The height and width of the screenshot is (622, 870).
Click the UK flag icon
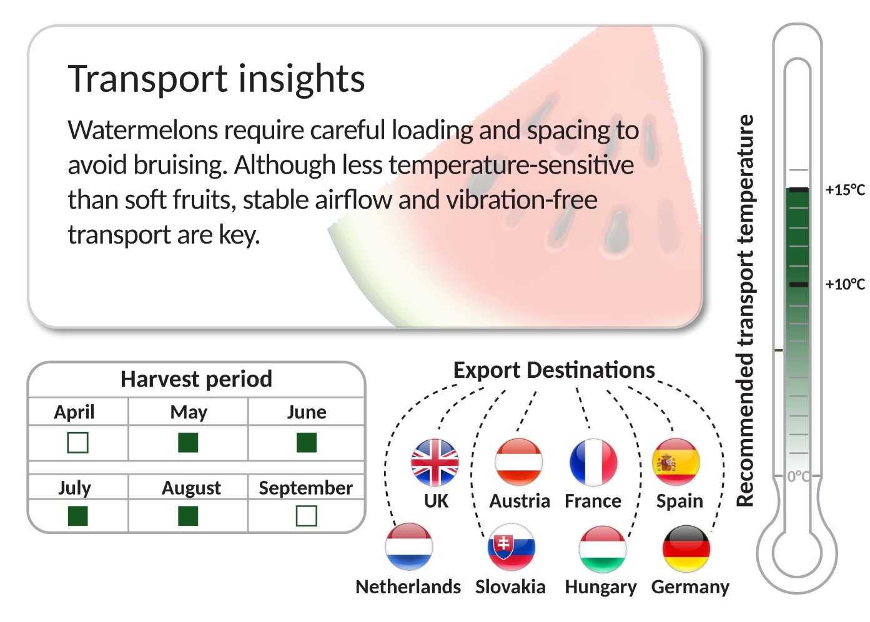click(435, 462)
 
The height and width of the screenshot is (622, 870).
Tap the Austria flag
click(519, 462)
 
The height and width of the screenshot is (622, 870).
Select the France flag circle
click(593, 462)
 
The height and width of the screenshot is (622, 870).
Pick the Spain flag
click(676, 462)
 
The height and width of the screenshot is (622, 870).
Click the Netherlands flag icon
click(409, 546)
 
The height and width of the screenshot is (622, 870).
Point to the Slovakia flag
click(511, 548)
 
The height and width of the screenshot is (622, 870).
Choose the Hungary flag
click(603, 549)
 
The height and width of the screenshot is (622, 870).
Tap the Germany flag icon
click(686, 548)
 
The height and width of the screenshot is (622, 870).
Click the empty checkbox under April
click(77, 443)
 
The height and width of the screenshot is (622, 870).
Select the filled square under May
click(188, 443)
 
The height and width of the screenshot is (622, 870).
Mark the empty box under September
click(307, 516)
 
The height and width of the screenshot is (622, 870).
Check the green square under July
click(77, 516)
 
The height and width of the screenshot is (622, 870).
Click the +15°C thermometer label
click(845, 190)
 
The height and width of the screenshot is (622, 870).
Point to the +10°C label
click(845, 284)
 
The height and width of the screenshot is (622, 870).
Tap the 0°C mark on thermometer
click(798, 476)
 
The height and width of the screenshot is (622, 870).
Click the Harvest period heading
click(196, 379)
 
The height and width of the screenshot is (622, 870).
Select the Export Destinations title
click(554, 370)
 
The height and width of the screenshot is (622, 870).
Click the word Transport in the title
click(147, 79)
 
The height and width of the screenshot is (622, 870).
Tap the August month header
click(191, 488)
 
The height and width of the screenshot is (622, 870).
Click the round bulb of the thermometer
click(796, 553)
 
